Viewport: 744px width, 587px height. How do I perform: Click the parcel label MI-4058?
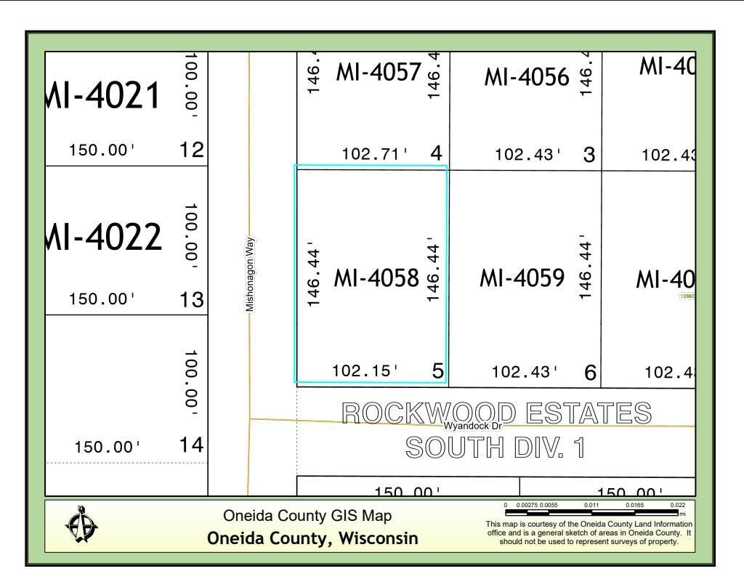click(376, 278)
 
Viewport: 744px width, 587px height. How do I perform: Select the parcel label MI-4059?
click(522, 278)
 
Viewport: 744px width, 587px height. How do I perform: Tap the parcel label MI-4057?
click(378, 72)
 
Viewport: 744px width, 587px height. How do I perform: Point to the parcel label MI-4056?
click(526, 76)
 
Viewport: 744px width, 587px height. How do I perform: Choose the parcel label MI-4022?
click(103, 238)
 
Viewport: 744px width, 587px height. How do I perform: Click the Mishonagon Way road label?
click(249, 275)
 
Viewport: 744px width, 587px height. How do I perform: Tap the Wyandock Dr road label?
click(473, 426)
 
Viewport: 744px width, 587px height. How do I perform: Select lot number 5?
click(437, 371)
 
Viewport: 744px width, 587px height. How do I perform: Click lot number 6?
click(590, 373)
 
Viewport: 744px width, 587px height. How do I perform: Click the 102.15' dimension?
click(365, 371)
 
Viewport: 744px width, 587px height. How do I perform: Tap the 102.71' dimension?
click(374, 154)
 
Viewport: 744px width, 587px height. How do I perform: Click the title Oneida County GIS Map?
click(307, 516)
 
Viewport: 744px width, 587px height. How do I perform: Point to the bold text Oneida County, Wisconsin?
click(312, 538)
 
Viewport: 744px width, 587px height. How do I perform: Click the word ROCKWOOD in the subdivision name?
click(429, 413)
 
